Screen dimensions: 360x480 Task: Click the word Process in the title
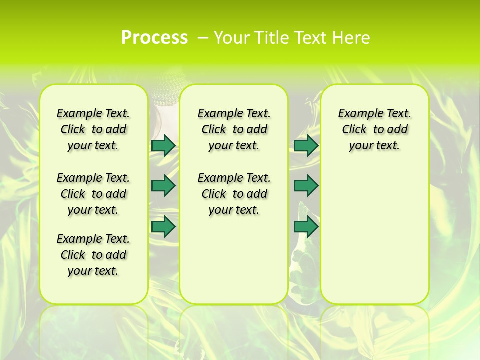tap(154, 37)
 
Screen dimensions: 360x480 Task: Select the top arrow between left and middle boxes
tap(163, 145)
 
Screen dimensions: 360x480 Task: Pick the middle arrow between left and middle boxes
tap(163, 186)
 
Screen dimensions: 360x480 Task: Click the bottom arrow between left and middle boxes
tap(163, 227)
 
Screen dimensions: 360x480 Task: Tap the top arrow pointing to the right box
tap(306, 145)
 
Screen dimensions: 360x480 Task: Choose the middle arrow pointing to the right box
tap(306, 186)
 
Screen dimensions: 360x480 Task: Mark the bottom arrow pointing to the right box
tap(306, 227)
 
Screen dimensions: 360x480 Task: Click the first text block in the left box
tap(93, 129)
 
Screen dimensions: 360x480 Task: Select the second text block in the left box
tap(93, 194)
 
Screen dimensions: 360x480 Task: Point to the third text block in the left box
tap(93, 255)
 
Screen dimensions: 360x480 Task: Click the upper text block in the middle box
tap(234, 129)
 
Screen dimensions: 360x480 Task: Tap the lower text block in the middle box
tap(234, 194)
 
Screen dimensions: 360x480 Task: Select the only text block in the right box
tap(374, 129)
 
